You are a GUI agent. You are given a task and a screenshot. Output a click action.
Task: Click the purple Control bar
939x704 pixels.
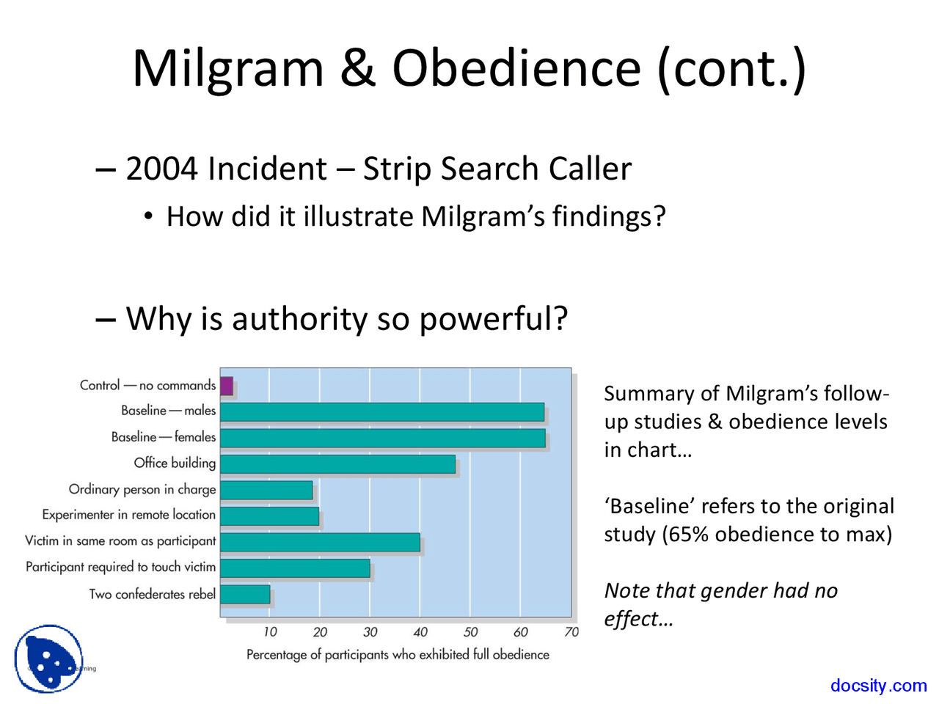[x=227, y=386]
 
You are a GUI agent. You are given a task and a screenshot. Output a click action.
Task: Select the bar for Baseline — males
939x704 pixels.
[x=382, y=412]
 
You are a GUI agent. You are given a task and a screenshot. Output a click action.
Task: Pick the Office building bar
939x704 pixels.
[x=337, y=464]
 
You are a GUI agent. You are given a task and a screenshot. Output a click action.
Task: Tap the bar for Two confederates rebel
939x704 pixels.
[x=245, y=594]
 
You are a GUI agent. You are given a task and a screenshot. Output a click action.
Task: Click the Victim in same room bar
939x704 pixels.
[x=320, y=542]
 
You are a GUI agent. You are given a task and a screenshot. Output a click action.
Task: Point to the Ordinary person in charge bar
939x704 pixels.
[x=266, y=490]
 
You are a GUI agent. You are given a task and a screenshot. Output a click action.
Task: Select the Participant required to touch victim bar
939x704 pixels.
[x=295, y=568]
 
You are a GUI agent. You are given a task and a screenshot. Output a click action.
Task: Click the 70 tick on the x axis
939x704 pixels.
[x=571, y=632]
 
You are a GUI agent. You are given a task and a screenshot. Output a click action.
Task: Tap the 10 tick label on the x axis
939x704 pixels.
[x=270, y=632]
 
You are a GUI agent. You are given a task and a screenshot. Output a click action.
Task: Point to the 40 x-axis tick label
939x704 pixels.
[x=420, y=632]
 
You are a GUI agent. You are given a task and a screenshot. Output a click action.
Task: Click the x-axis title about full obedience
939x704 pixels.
[x=398, y=654]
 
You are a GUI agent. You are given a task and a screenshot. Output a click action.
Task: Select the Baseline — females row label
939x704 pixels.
[x=164, y=437]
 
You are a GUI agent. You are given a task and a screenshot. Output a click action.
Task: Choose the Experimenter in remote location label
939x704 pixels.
[x=129, y=515]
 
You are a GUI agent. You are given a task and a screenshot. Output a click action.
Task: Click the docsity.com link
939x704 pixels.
[x=878, y=686]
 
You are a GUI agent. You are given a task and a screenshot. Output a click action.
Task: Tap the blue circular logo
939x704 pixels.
[x=49, y=659]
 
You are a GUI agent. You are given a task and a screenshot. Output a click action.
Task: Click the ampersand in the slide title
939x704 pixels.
[x=357, y=68]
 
